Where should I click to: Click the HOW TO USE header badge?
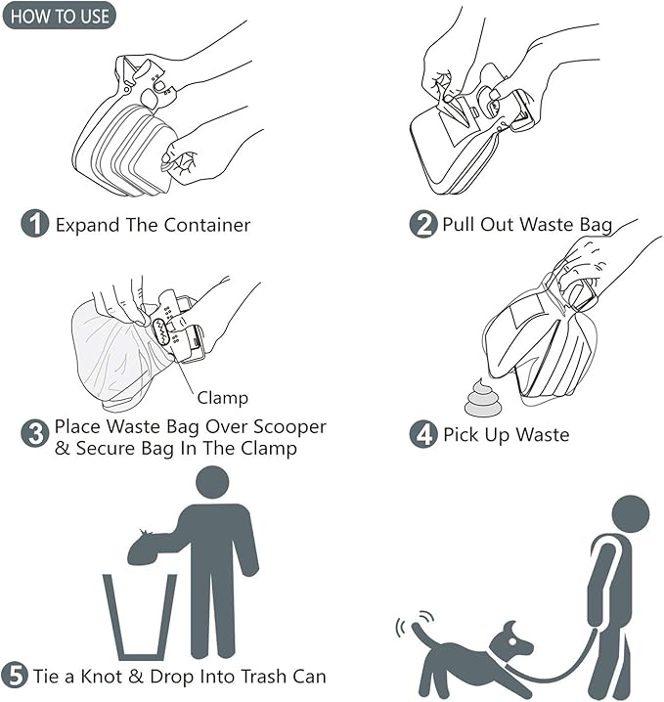tap(58, 16)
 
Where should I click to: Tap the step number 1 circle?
tap(35, 224)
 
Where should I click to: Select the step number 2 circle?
tap(422, 224)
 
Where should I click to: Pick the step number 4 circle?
tap(422, 433)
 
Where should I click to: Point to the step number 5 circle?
tap(15, 676)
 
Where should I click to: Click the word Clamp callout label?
tap(222, 398)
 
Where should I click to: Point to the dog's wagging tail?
tap(421, 637)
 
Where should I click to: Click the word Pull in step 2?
tap(459, 225)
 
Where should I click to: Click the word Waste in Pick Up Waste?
tap(536, 434)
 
